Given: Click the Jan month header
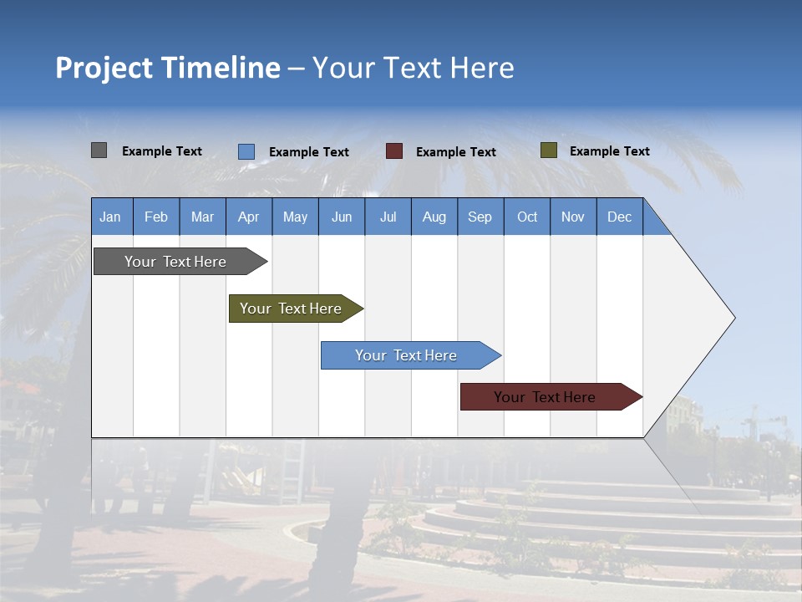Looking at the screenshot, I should click(x=111, y=217).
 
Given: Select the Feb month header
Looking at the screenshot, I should click(x=156, y=217).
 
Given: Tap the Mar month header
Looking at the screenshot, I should click(x=202, y=217).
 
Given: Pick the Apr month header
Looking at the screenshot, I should click(x=249, y=217).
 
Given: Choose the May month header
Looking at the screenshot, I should click(x=295, y=217).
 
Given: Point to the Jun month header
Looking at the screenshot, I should click(x=342, y=217).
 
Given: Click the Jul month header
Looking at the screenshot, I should click(x=388, y=217).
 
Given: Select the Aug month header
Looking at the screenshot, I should click(x=434, y=217).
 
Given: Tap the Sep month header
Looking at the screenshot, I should click(x=480, y=217).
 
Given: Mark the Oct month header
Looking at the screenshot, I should click(x=527, y=217).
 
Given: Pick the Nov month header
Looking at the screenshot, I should click(x=573, y=217).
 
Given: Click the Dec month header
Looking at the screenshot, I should click(x=620, y=217).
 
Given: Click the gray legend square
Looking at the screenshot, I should click(x=99, y=150).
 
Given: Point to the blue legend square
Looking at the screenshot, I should click(x=246, y=151).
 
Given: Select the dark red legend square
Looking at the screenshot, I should click(x=394, y=151).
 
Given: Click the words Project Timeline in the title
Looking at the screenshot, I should click(x=168, y=68).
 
